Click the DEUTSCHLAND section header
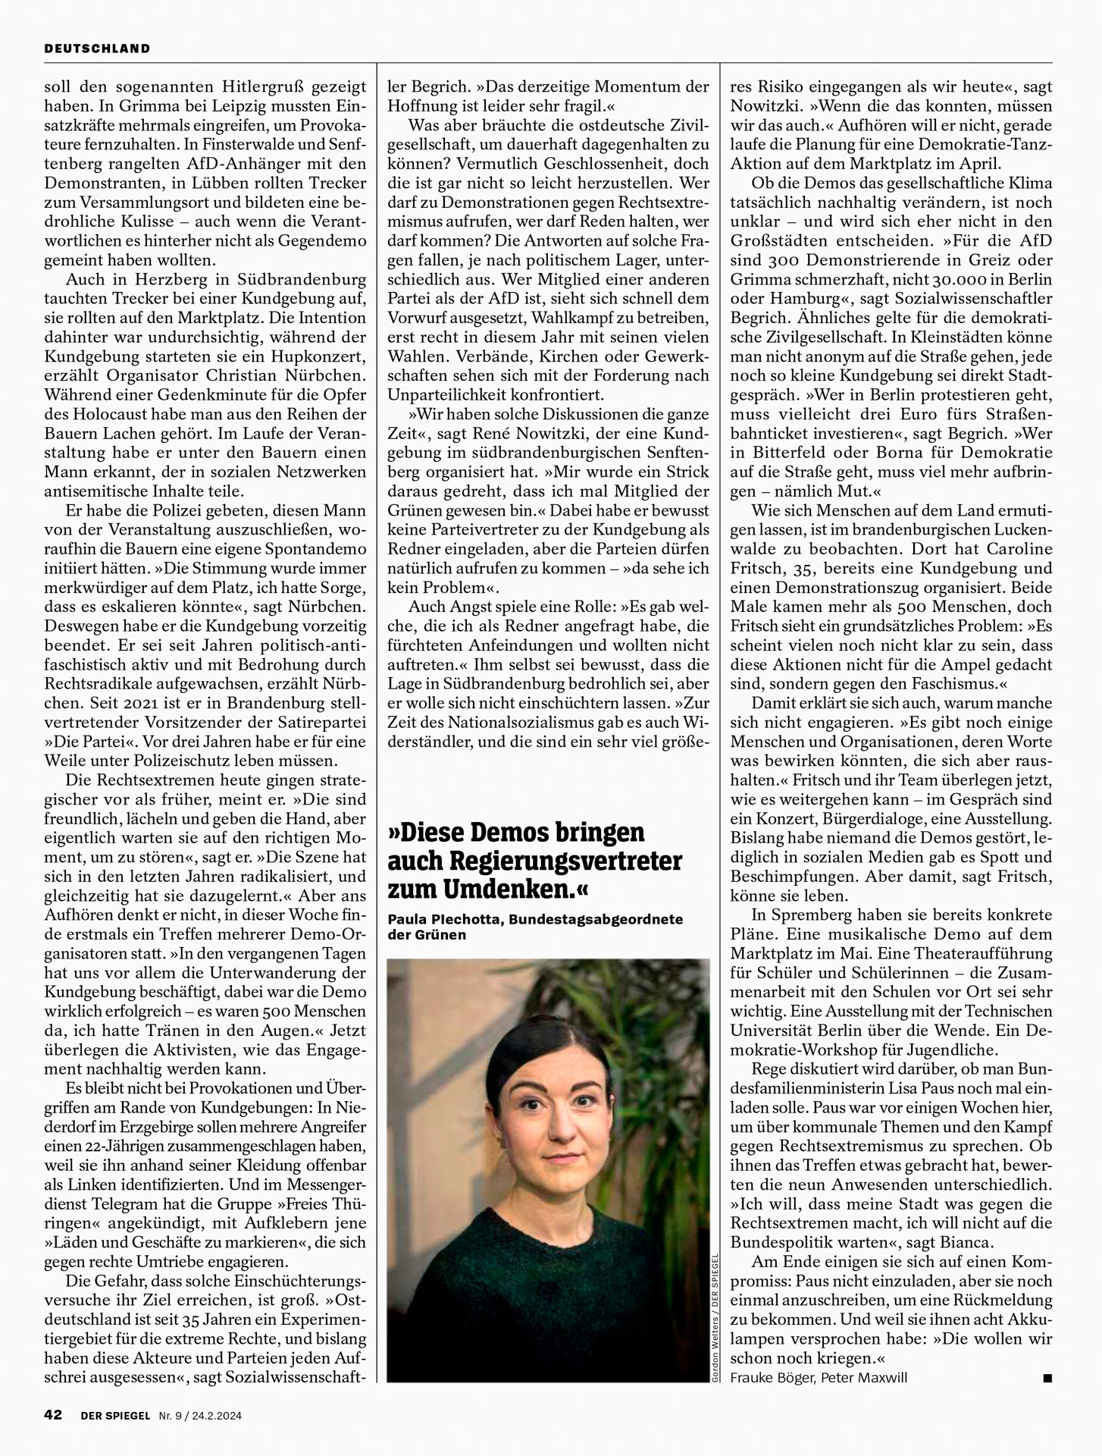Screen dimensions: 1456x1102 click(x=97, y=49)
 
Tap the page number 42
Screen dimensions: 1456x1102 click(x=52, y=1415)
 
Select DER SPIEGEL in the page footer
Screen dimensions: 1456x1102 click(x=115, y=1415)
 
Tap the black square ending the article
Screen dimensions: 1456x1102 click(x=1047, y=1378)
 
